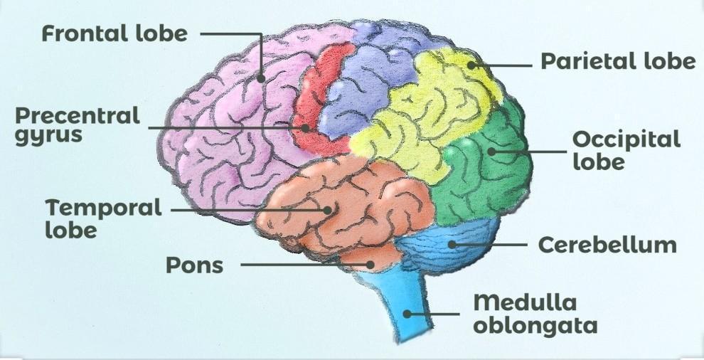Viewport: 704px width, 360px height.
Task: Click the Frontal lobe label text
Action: click(114, 33)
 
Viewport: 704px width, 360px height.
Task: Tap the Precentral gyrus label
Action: click(78, 125)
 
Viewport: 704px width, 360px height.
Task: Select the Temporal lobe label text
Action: click(104, 218)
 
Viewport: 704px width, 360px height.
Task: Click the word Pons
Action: click(194, 265)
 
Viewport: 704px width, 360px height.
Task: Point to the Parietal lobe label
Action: click(618, 61)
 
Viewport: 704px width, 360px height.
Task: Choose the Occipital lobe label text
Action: click(626, 149)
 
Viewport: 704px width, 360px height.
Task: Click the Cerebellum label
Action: click(607, 245)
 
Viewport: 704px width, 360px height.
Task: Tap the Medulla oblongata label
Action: click(535, 314)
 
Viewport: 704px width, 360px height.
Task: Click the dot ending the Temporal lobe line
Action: click(328, 210)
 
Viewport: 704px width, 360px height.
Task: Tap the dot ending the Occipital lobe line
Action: click(491, 151)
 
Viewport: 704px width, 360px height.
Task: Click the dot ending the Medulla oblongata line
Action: click(407, 312)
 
